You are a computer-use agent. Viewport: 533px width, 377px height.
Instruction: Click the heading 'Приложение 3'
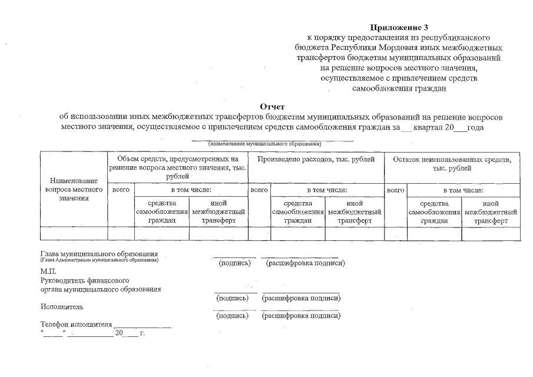(x=399, y=27)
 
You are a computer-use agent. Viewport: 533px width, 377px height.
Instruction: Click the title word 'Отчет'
(x=272, y=107)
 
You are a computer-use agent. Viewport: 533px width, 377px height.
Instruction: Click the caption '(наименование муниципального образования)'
(x=263, y=144)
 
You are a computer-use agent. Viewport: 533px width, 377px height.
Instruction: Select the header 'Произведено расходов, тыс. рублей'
(x=316, y=160)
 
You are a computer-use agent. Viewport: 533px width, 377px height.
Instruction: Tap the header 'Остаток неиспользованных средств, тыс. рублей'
(x=452, y=164)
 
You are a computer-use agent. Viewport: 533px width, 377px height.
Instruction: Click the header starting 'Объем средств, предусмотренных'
(x=177, y=167)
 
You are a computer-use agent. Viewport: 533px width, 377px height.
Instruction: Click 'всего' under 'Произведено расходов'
(x=259, y=190)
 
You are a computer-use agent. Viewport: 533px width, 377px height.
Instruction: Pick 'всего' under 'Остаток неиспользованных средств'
(x=395, y=190)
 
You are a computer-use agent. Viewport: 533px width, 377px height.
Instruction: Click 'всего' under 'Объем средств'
(x=120, y=190)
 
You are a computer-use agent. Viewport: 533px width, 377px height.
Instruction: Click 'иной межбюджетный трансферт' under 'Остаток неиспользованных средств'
(x=491, y=211)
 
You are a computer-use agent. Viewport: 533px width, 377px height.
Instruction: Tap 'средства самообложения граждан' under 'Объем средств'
(x=161, y=211)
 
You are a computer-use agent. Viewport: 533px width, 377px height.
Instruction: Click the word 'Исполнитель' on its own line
(x=62, y=306)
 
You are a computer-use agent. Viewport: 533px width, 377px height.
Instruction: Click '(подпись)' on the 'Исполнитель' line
(x=233, y=316)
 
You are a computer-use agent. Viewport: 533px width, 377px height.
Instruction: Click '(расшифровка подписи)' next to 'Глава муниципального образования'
(x=305, y=263)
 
